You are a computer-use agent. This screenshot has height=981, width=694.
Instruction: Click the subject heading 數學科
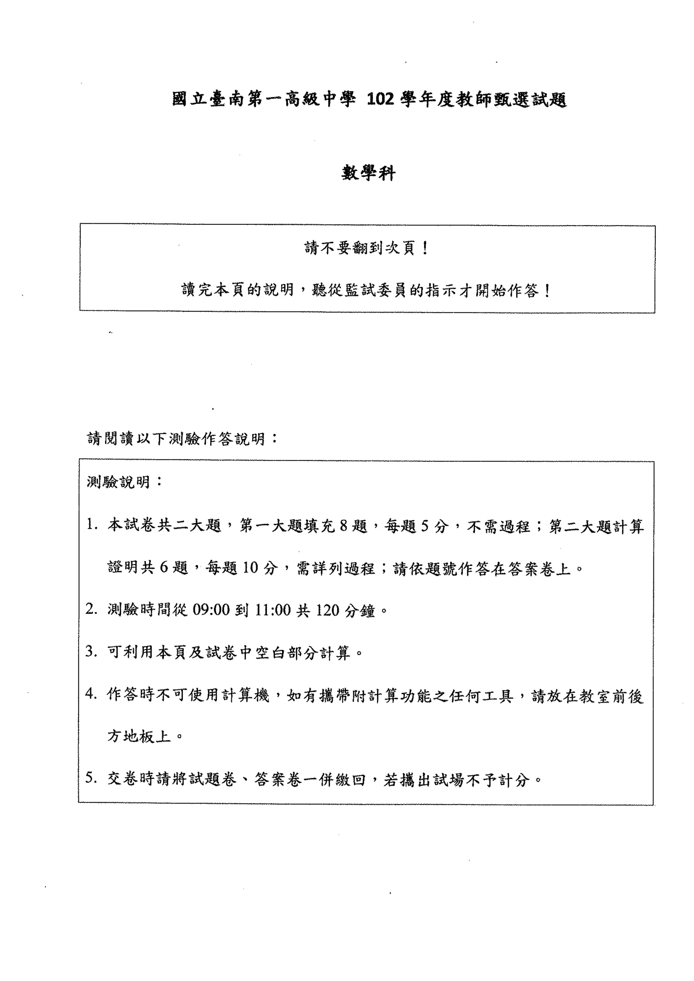click(x=368, y=173)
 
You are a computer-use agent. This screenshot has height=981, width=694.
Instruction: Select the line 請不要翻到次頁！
click(x=367, y=248)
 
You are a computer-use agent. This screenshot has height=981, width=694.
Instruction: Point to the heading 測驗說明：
click(x=124, y=482)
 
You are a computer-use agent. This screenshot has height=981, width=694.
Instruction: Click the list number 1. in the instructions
click(x=92, y=525)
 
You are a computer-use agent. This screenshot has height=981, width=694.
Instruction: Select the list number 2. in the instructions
click(x=92, y=610)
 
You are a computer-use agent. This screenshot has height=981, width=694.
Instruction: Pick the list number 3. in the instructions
click(x=92, y=652)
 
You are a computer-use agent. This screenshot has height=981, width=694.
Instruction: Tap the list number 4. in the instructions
click(x=92, y=694)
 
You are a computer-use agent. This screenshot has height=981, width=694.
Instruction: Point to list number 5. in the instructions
click(x=92, y=779)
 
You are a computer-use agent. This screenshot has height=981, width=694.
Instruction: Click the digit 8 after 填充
click(x=344, y=525)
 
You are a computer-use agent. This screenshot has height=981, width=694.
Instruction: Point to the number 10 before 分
click(x=251, y=568)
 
